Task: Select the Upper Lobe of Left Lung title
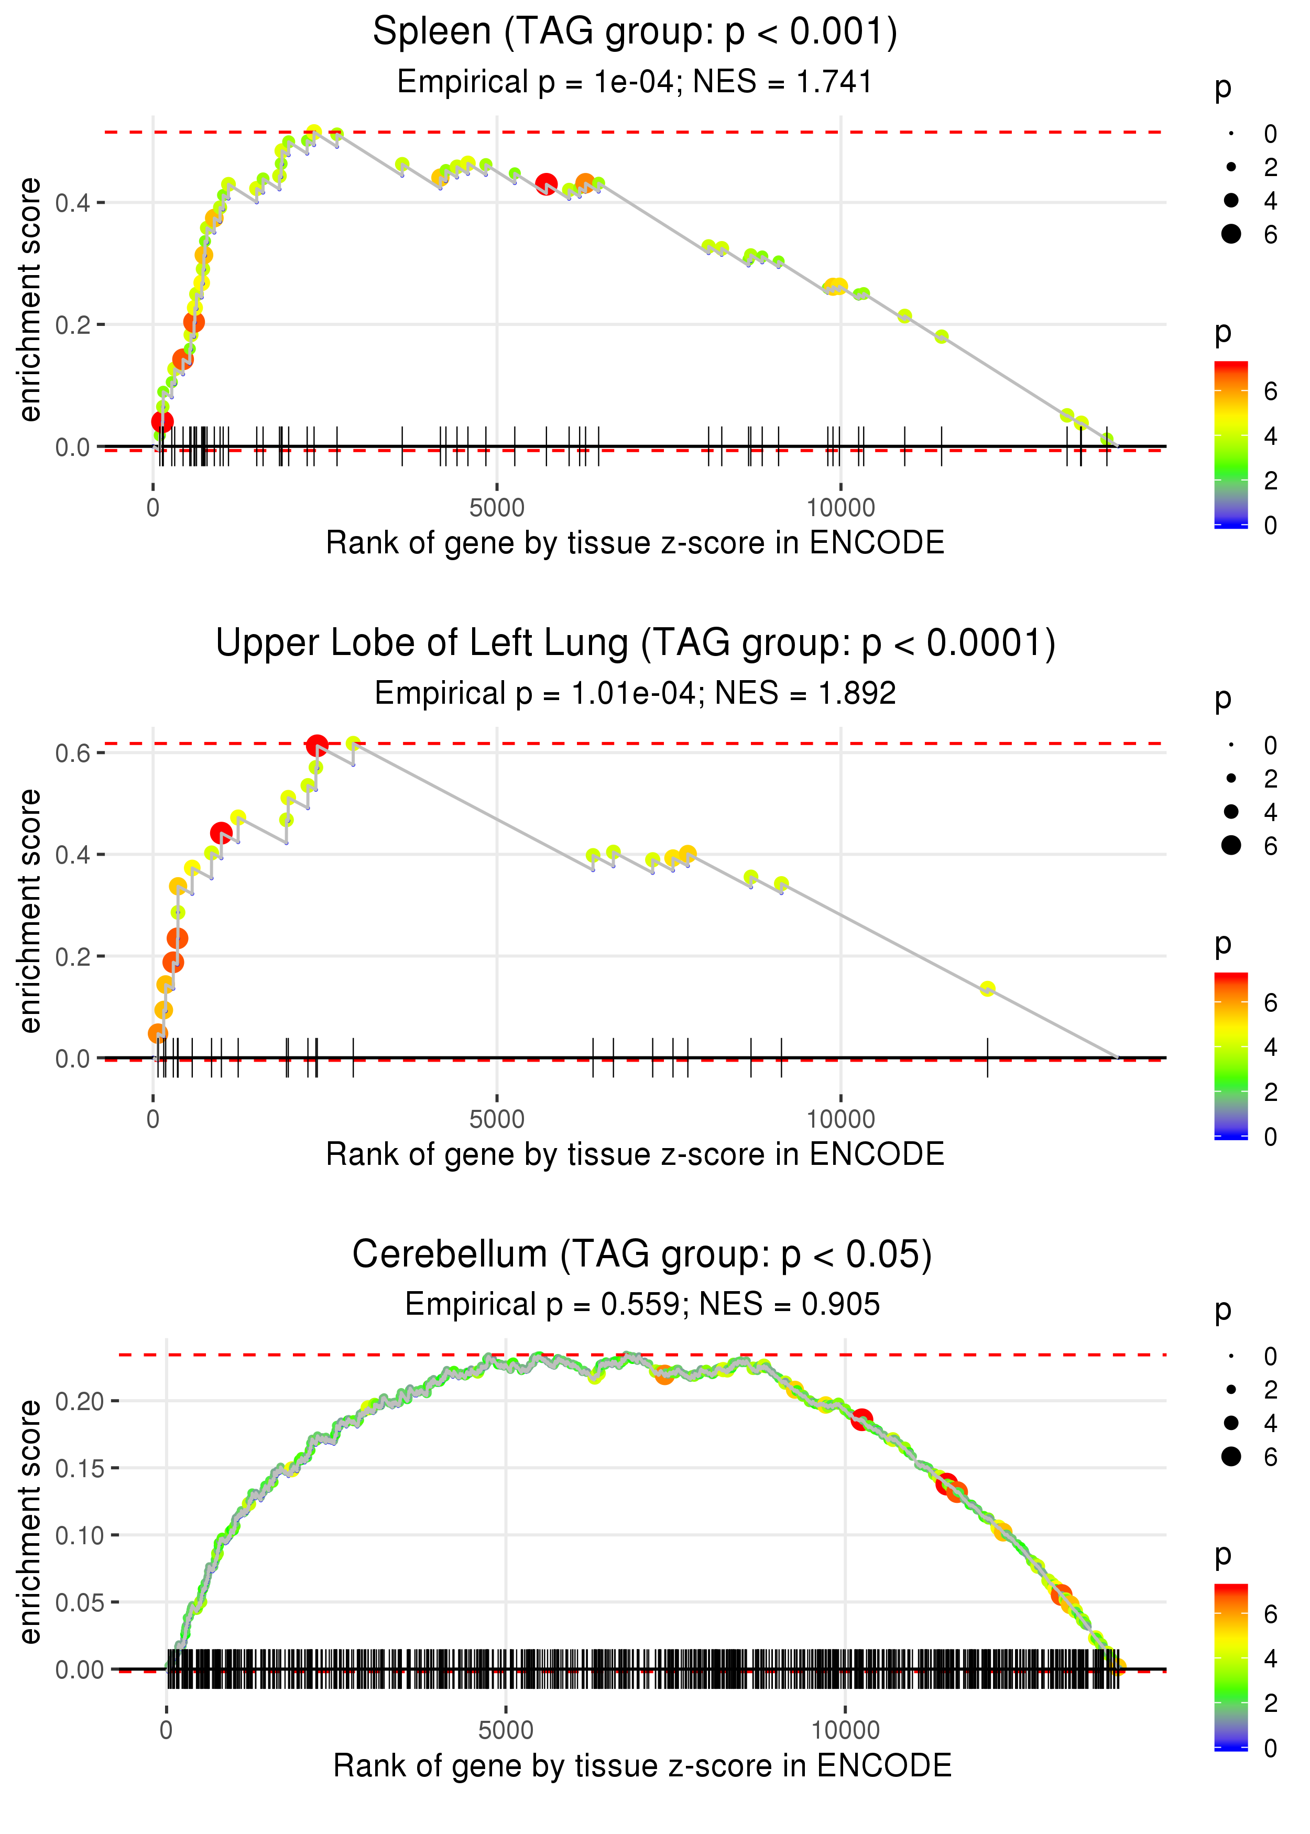(635, 643)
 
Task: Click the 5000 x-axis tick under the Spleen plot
(496, 508)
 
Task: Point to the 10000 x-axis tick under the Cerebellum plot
(845, 1730)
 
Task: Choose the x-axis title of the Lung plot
(635, 1154)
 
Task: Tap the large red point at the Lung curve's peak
(317, 745)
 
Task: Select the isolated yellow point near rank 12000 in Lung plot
(987, 989)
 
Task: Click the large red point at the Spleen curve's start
(162, 421)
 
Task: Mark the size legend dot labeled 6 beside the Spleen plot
(1231, 234)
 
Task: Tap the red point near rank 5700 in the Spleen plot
(546, 184)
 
